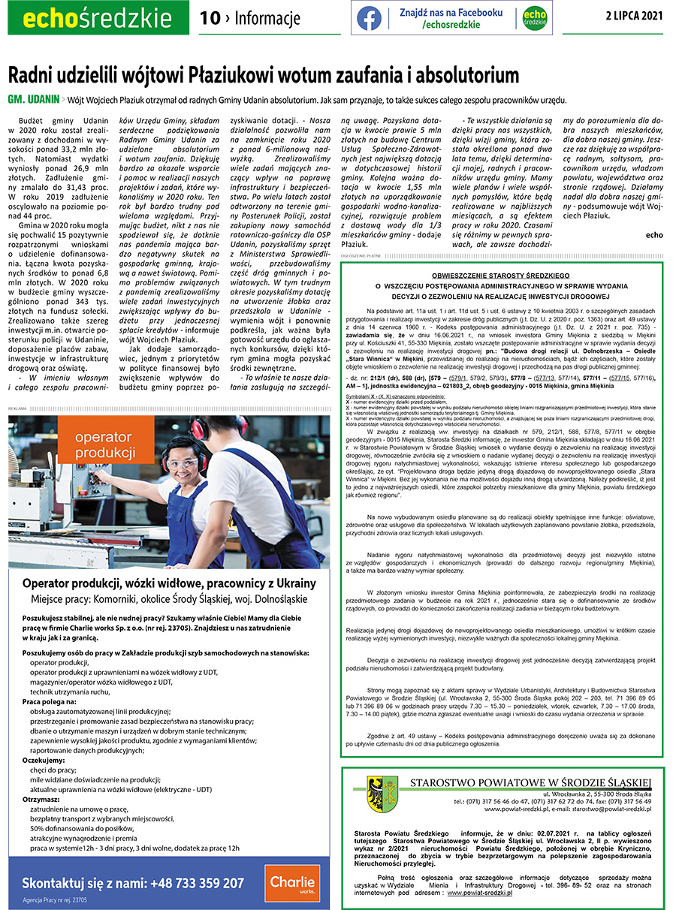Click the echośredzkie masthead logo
click(95, 18)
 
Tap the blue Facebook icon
click(369, 18)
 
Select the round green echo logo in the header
click(534, 18)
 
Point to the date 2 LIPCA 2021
click(635, 16)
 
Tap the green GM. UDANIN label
click(32, 100)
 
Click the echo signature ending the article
click(654, 235)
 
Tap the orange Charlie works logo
click(292, 883)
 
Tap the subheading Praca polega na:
click(48, 701)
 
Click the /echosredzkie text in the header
click(451, 25)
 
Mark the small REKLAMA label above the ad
click(17, 408)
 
